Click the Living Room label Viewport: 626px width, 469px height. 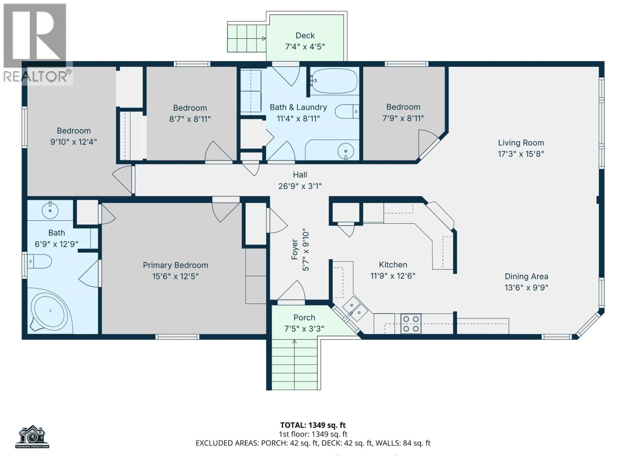click(x=521, y=143)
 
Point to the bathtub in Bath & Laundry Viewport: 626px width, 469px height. click(x=334, y=81)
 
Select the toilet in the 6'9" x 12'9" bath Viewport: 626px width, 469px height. click(x=40, y=261)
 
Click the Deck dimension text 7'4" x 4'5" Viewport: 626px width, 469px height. click(x=305, y=47)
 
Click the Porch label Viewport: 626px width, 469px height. click(x=304, y=318)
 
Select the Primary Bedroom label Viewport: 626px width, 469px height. click(x=175, y=265)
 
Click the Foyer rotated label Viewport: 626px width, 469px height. click(x=295, y=249)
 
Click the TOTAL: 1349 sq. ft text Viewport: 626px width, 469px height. click(x=313, y=425)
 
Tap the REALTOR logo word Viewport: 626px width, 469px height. click(x=35, y=76)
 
